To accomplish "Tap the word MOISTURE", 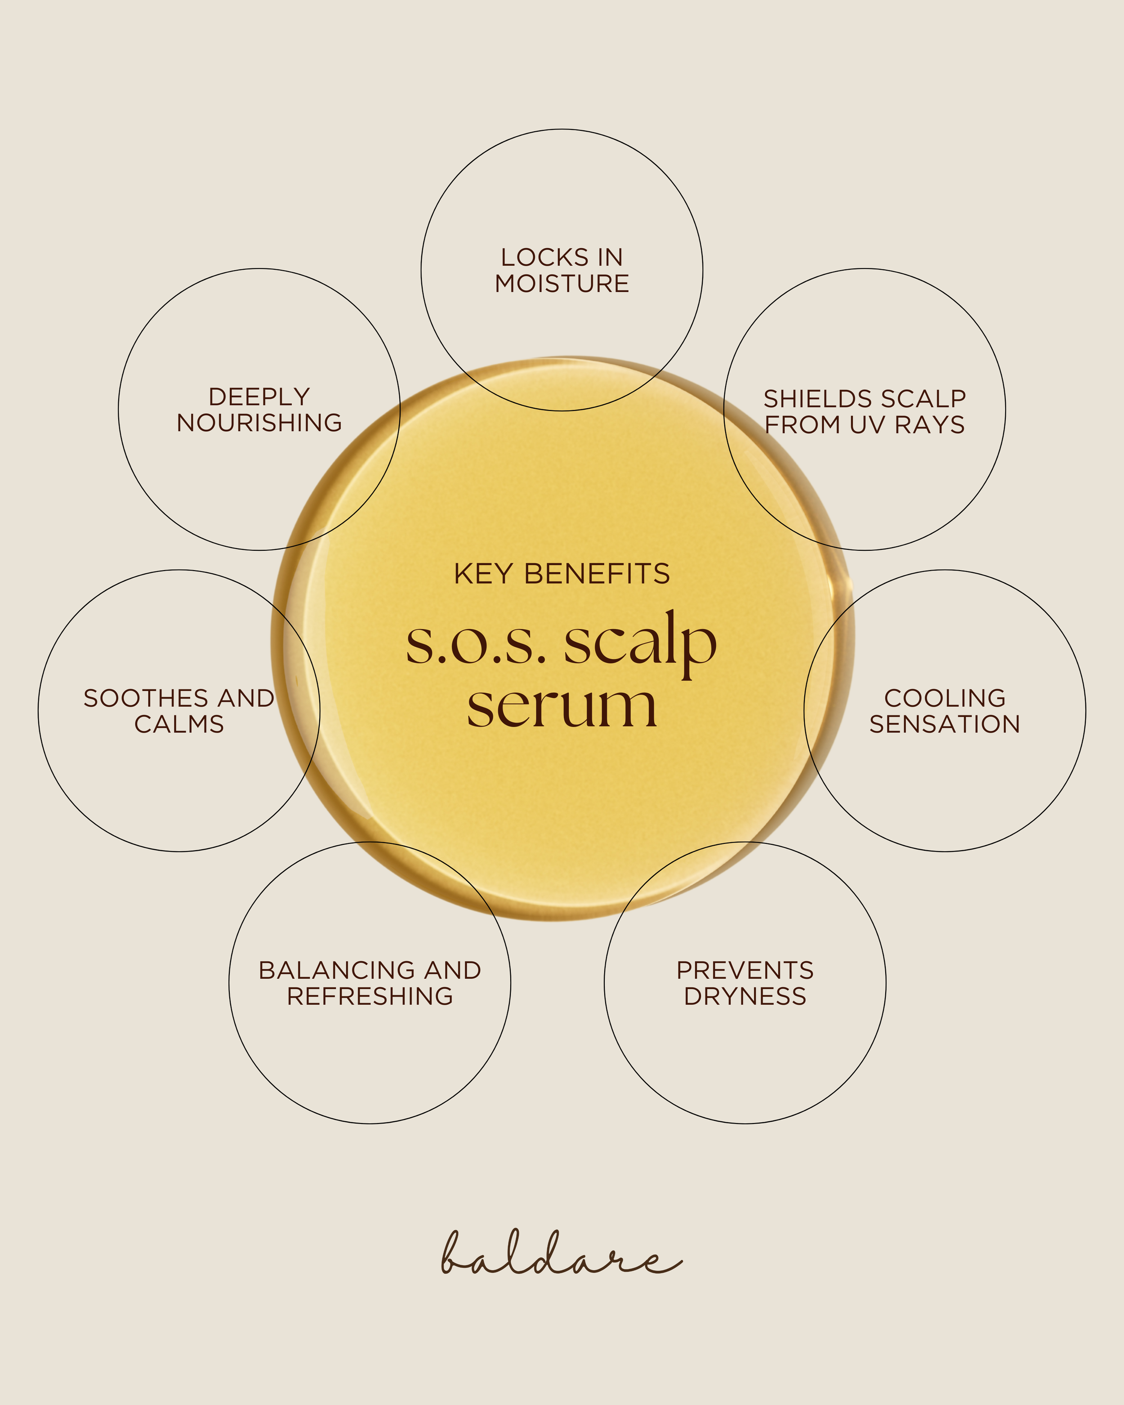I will (x=562, y=284).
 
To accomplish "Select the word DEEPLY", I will (x=259, y=397).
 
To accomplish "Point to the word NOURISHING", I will (x=259, y=423).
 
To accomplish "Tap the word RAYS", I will (x=930, y=425).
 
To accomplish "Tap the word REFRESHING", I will (x=370, y=996).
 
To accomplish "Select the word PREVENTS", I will (x=745, y=970).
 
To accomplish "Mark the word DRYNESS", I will (x=745, y=996).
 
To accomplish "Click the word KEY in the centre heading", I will (x=483, y=574).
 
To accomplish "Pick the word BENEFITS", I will (x=597, y=574).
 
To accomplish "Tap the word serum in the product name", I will (x=562, y=707).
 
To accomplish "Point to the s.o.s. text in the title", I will (x=476, y=645).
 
